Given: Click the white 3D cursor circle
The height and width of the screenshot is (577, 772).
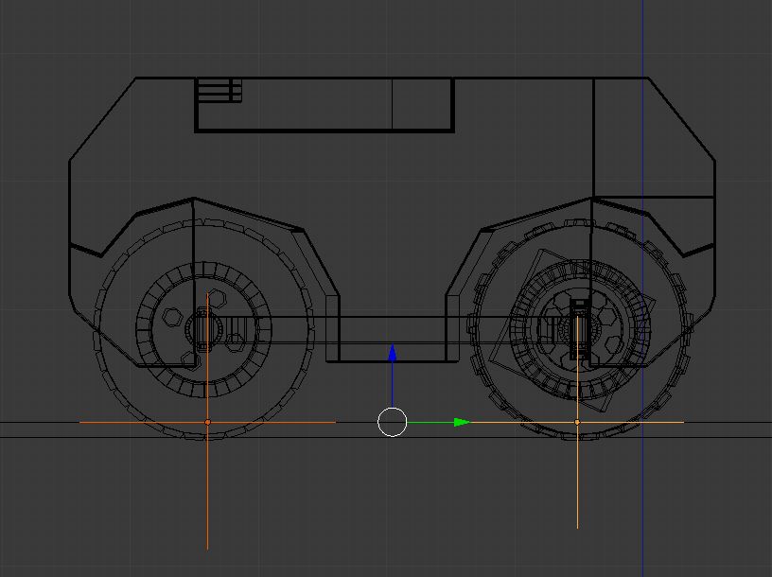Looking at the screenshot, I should tap(393, 422).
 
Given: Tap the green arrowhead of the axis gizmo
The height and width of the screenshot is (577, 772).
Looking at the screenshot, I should tap(462, 422).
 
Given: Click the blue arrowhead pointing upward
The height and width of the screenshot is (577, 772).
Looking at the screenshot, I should tap(393, 353).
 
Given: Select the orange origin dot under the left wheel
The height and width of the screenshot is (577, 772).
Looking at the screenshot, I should tap(208, 422).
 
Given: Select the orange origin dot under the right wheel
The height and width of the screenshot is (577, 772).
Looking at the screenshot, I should tap(577, 422).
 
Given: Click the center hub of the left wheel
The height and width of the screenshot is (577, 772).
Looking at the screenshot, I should tap(207, 328).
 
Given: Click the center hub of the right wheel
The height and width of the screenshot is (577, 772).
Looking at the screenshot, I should tap(577, 328).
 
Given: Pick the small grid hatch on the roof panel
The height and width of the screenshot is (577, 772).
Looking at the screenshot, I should tap(219, 91).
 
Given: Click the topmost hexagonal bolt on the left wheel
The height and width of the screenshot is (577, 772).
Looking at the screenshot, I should tap(216, 298).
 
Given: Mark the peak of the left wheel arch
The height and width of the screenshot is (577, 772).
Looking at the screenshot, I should tap(193, 199).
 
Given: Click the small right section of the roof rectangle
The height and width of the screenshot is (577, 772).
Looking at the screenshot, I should tap(423, 104).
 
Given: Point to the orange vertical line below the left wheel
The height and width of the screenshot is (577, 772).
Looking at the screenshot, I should tap(207, 492).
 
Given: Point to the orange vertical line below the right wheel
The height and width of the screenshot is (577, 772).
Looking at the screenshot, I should tap(577, 482).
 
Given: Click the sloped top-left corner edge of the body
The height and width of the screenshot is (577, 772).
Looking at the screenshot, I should tap(102, 119).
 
